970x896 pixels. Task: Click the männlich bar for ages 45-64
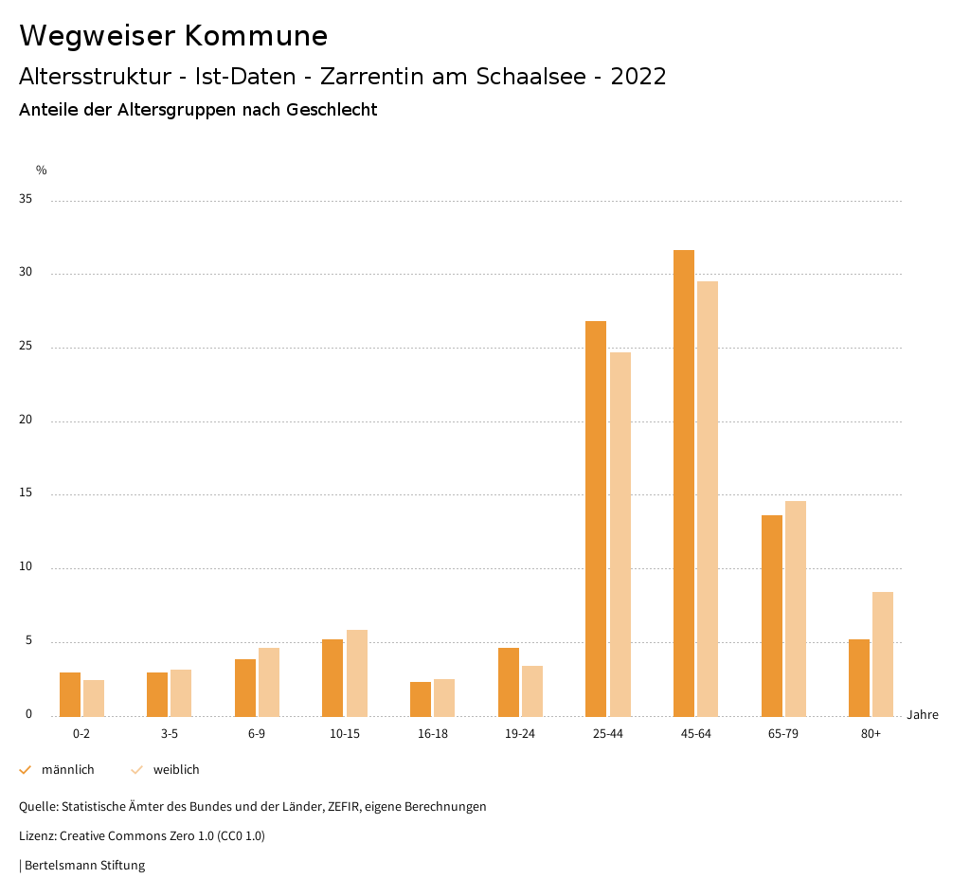point(684,483)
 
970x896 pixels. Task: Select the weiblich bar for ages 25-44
point(620,534)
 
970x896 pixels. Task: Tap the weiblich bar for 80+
point(883,654)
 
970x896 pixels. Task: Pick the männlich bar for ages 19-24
point(509,682)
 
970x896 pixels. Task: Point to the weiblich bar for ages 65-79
point(796,608)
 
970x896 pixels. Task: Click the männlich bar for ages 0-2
point(70,694)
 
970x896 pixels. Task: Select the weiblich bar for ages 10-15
point(357,672)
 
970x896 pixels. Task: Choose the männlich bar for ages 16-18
point(421,699)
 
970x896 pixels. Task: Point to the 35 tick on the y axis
point(26,200)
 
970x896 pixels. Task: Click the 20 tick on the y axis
point(26,421)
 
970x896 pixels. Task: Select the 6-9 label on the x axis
point(257,734)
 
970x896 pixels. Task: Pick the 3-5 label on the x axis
point(170,734)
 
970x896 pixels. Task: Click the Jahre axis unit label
point(922,715)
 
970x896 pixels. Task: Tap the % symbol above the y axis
point(42,170)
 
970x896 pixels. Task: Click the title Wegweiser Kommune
point(173,36)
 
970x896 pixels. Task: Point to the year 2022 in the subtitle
point(638,77)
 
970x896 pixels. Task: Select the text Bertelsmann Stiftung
point(84,866)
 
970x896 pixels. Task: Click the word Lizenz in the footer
point(37,836)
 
